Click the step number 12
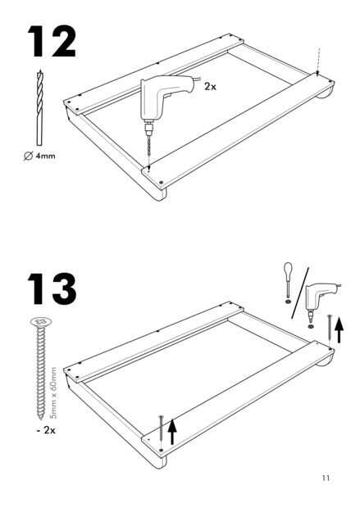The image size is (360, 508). click(x=52, y=41)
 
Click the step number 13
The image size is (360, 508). click(x=52, y=288)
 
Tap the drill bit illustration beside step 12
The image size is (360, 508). click(x=39, y=107)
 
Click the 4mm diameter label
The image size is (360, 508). click(x=39, y=156)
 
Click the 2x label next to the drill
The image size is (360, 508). click(x=210, y=87)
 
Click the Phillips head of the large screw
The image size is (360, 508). click(x=41, y=322)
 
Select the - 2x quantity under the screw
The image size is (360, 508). click(x=46, y=430)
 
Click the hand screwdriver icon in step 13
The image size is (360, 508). click(x=288, y=282)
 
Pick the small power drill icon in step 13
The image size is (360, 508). click(x=321, y=301)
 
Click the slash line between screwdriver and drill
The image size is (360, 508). click(x=300, y=293)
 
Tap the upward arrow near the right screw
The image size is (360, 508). click(x=339, y=330)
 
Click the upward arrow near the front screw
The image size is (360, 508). click(x=172, y=432)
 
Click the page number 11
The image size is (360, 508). click(x=326, y=479)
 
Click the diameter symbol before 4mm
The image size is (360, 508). click(x=28, y=156)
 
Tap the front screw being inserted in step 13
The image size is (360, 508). click(x=162, y=433)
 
